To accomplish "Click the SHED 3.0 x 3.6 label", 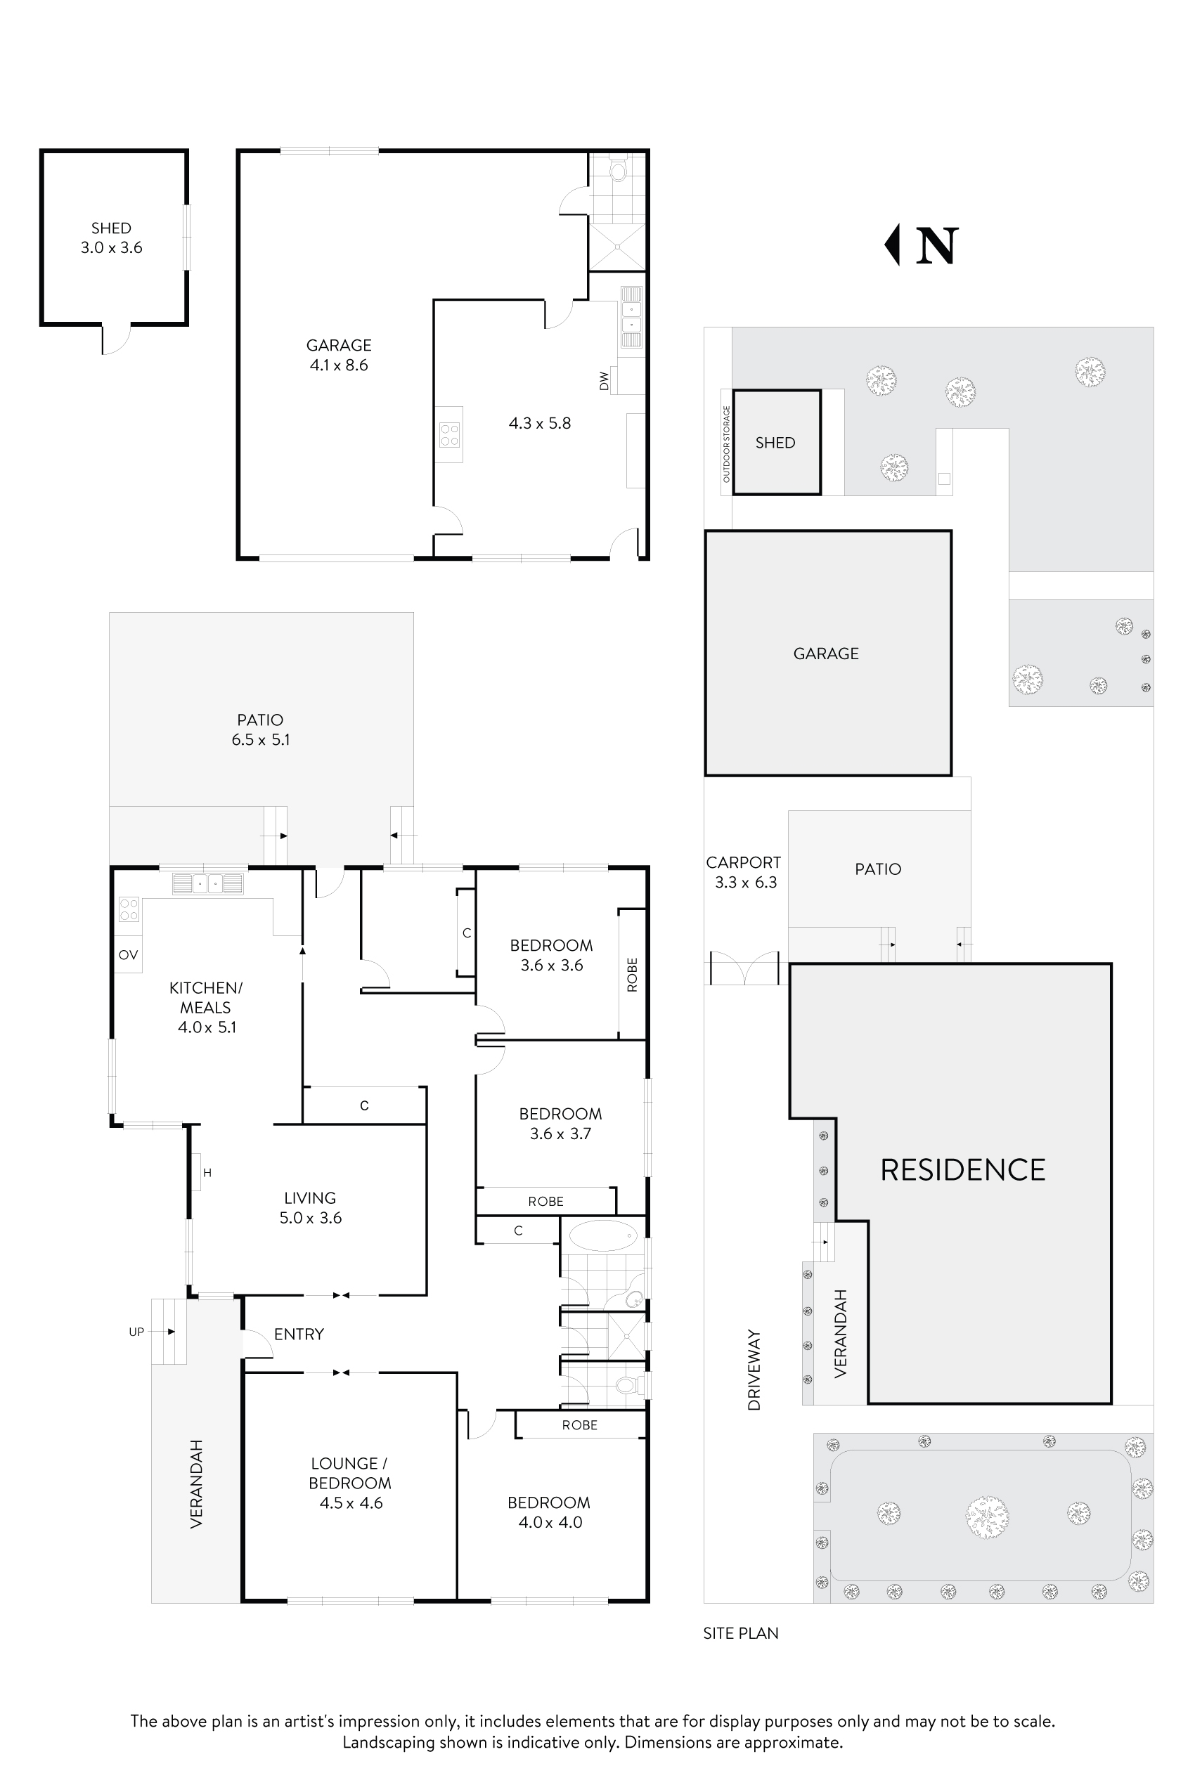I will (111, 238).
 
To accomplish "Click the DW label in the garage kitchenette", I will (605, 381).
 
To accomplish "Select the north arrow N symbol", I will (922, 245).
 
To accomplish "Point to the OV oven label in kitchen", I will (128, 954).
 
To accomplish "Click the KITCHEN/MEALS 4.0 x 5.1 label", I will (206, 1007).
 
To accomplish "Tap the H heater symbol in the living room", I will (207, 1173).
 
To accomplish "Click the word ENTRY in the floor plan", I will (299, 1333).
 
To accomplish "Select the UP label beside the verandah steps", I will (136, 1331).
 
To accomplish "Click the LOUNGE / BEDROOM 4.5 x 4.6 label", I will (350, 1483).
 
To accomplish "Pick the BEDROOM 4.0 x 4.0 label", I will (549, 1512).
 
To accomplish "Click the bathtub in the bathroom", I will (603, 1235).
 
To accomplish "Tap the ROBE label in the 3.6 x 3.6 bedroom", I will (632, 975).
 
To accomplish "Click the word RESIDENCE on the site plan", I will (962, 1170).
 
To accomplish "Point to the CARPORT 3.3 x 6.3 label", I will (744, 871).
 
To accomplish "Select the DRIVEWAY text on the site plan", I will (754, 1370).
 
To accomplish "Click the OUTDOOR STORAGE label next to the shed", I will (726, 443).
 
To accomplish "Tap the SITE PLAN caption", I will (741, 1632).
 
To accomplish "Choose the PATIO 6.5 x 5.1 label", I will (261, 729).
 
